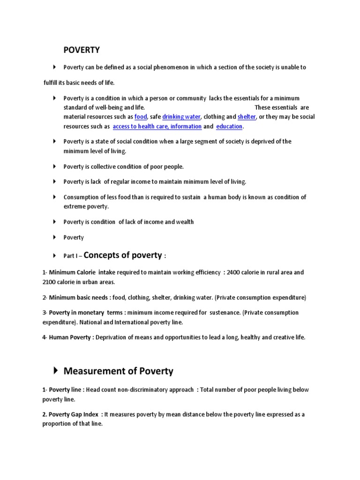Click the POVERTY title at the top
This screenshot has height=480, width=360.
[82, 50]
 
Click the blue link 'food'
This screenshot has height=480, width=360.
[141, 117]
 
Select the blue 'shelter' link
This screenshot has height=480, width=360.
[247, 117]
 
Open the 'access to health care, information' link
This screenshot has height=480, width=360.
[157, 127]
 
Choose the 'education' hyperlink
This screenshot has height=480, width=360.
[229, 127]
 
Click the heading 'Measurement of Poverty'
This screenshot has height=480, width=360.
[118, 371]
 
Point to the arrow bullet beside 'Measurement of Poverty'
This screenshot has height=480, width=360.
[55, 371]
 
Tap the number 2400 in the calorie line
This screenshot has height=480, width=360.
[234, 272]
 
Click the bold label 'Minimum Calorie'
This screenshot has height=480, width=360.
[71, 272]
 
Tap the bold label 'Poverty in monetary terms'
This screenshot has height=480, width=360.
[84, 312]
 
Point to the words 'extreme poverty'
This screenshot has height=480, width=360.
[86, 206]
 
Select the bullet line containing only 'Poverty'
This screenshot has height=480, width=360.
[74, 237]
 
